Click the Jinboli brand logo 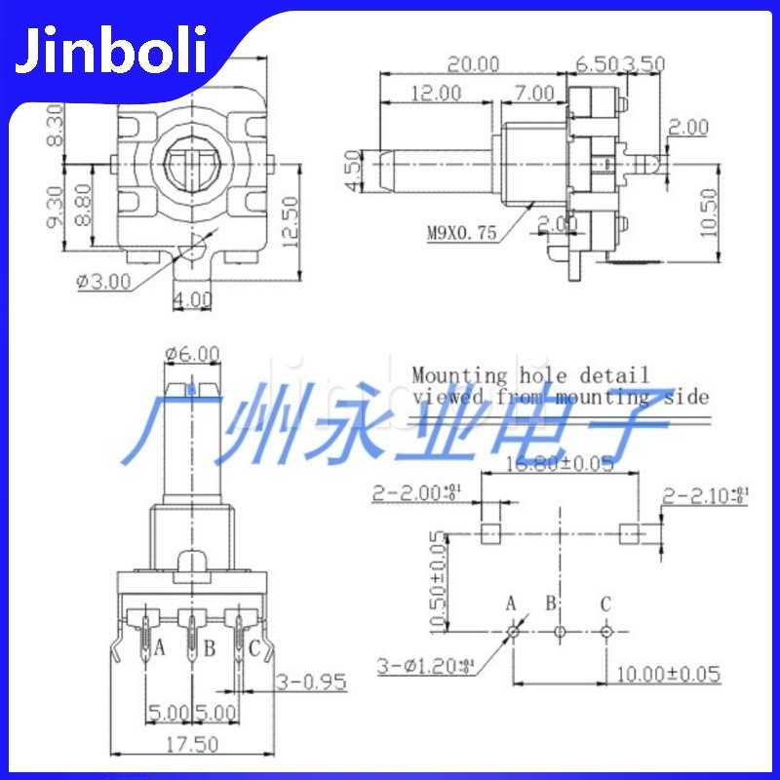[109, 51]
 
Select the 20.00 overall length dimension [473, 64]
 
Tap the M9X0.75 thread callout [462, 232]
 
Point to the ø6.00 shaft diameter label [192, 353]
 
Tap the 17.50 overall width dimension [190, 744]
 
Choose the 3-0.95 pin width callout [312, 682]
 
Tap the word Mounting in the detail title [459, 374]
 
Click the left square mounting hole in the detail [490, 532]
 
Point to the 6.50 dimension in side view [596, 64]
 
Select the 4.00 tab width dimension [192, 301]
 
